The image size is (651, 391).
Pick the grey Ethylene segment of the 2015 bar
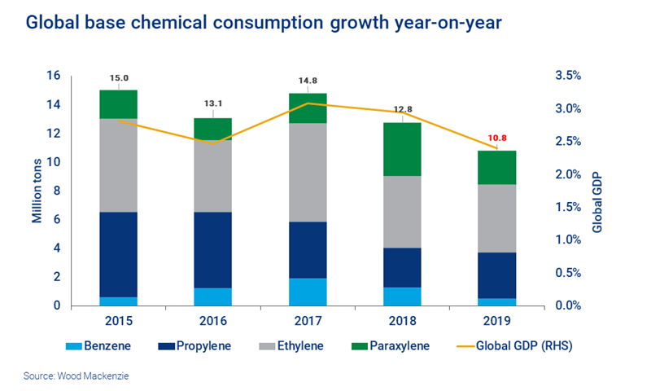tap(119, 165)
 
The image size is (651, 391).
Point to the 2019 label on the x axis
tap(497, 320)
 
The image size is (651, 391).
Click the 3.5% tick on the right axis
tap(568, 76)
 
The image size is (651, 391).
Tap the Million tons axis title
tap(37, 191)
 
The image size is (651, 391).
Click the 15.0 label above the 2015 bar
tap(120, 79)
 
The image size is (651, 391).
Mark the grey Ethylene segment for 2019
tap(497, 218)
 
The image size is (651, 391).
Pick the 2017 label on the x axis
tap(308, 320)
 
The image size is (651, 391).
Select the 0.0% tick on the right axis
tap(568, 306)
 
